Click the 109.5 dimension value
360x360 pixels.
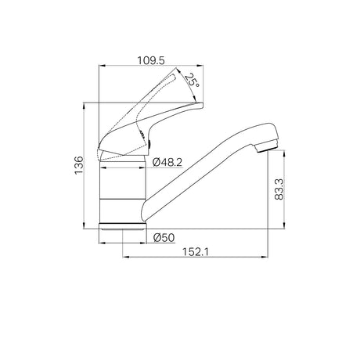(151, 60)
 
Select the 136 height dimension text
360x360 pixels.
(79, 165)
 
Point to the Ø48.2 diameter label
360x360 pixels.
(167, 162)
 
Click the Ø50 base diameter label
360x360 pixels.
(164, 238)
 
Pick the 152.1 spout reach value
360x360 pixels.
(196, 252)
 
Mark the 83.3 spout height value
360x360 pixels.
(279, 189)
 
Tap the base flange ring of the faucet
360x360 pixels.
(123, 226)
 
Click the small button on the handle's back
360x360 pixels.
(149, 144)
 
